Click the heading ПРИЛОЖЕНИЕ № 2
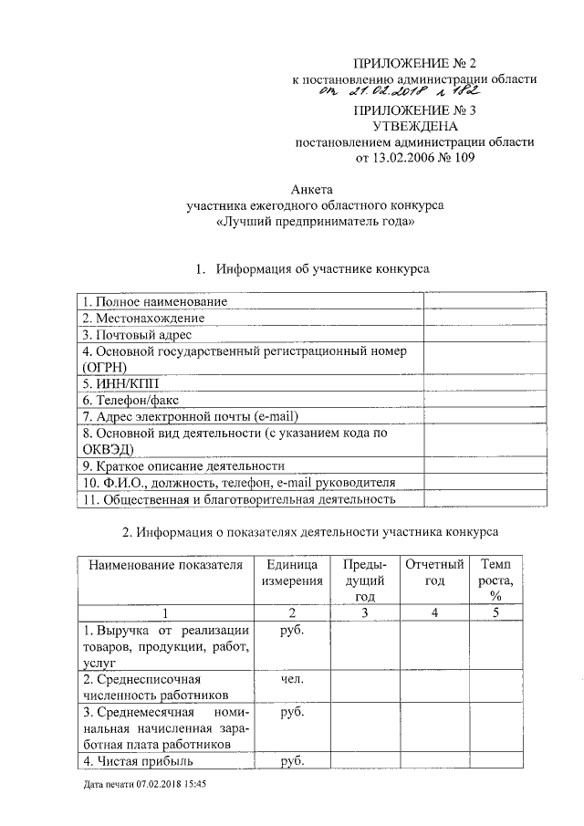click(414, 63)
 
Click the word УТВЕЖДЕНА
click(414, 127)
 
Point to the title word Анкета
click(308, 190)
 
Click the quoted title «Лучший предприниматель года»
click(308, 222)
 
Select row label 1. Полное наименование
click(154, 301)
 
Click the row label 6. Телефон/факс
click(129, 400)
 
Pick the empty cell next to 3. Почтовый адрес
click(485, 334)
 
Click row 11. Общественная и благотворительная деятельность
click(237, 499)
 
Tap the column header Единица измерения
click(292, 572)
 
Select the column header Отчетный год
click(434, 572)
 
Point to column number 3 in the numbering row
click(363, 612)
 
